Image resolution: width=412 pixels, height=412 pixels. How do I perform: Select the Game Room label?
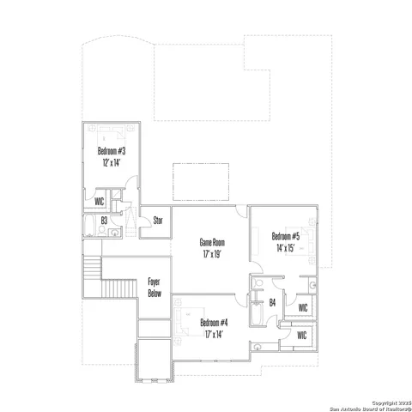tap(211, 243)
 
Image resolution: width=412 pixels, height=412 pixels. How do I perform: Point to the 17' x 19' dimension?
tap(211, 254)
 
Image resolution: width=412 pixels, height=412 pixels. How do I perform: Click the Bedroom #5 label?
tap(285, 236)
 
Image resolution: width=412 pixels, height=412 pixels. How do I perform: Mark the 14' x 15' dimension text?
tap(285, 247)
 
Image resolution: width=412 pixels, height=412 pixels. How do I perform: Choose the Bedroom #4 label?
tap(214, 323)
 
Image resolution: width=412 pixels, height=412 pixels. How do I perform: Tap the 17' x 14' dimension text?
tap(214, 334)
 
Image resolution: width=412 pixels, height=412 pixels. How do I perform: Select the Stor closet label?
tap(158, 221)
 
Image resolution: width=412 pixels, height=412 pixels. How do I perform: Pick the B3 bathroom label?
tap(104, 221)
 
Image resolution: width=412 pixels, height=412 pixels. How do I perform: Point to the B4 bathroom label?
tap(271, 301)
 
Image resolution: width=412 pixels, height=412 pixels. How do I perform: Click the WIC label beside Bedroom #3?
tap(100, 202)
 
